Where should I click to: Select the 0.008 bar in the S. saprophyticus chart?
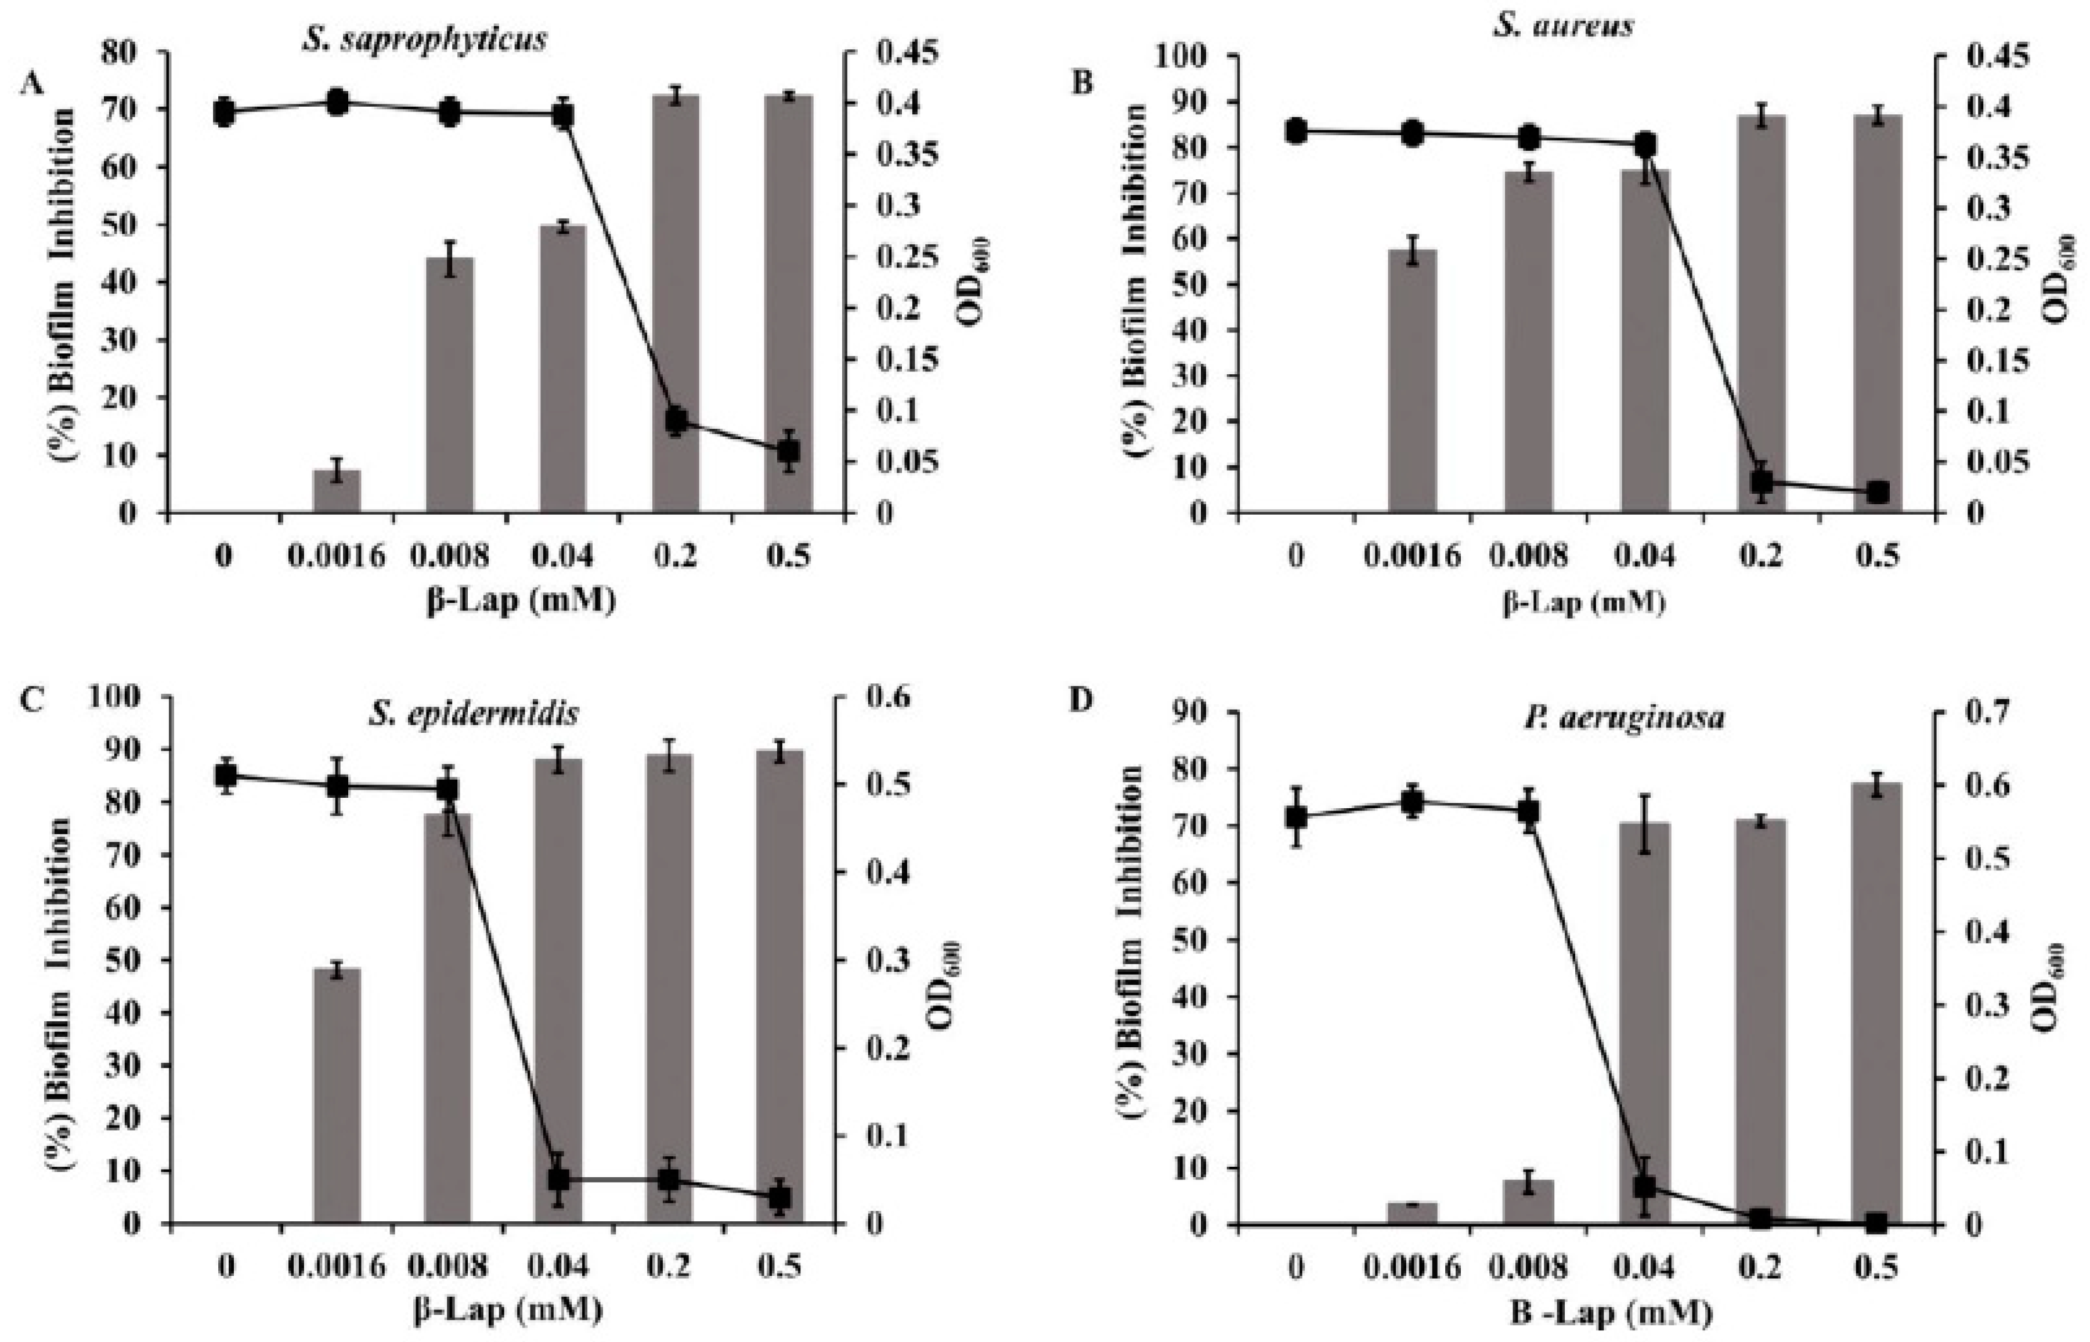(450, 384)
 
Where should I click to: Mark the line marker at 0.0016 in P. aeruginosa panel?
(1412, 802)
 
